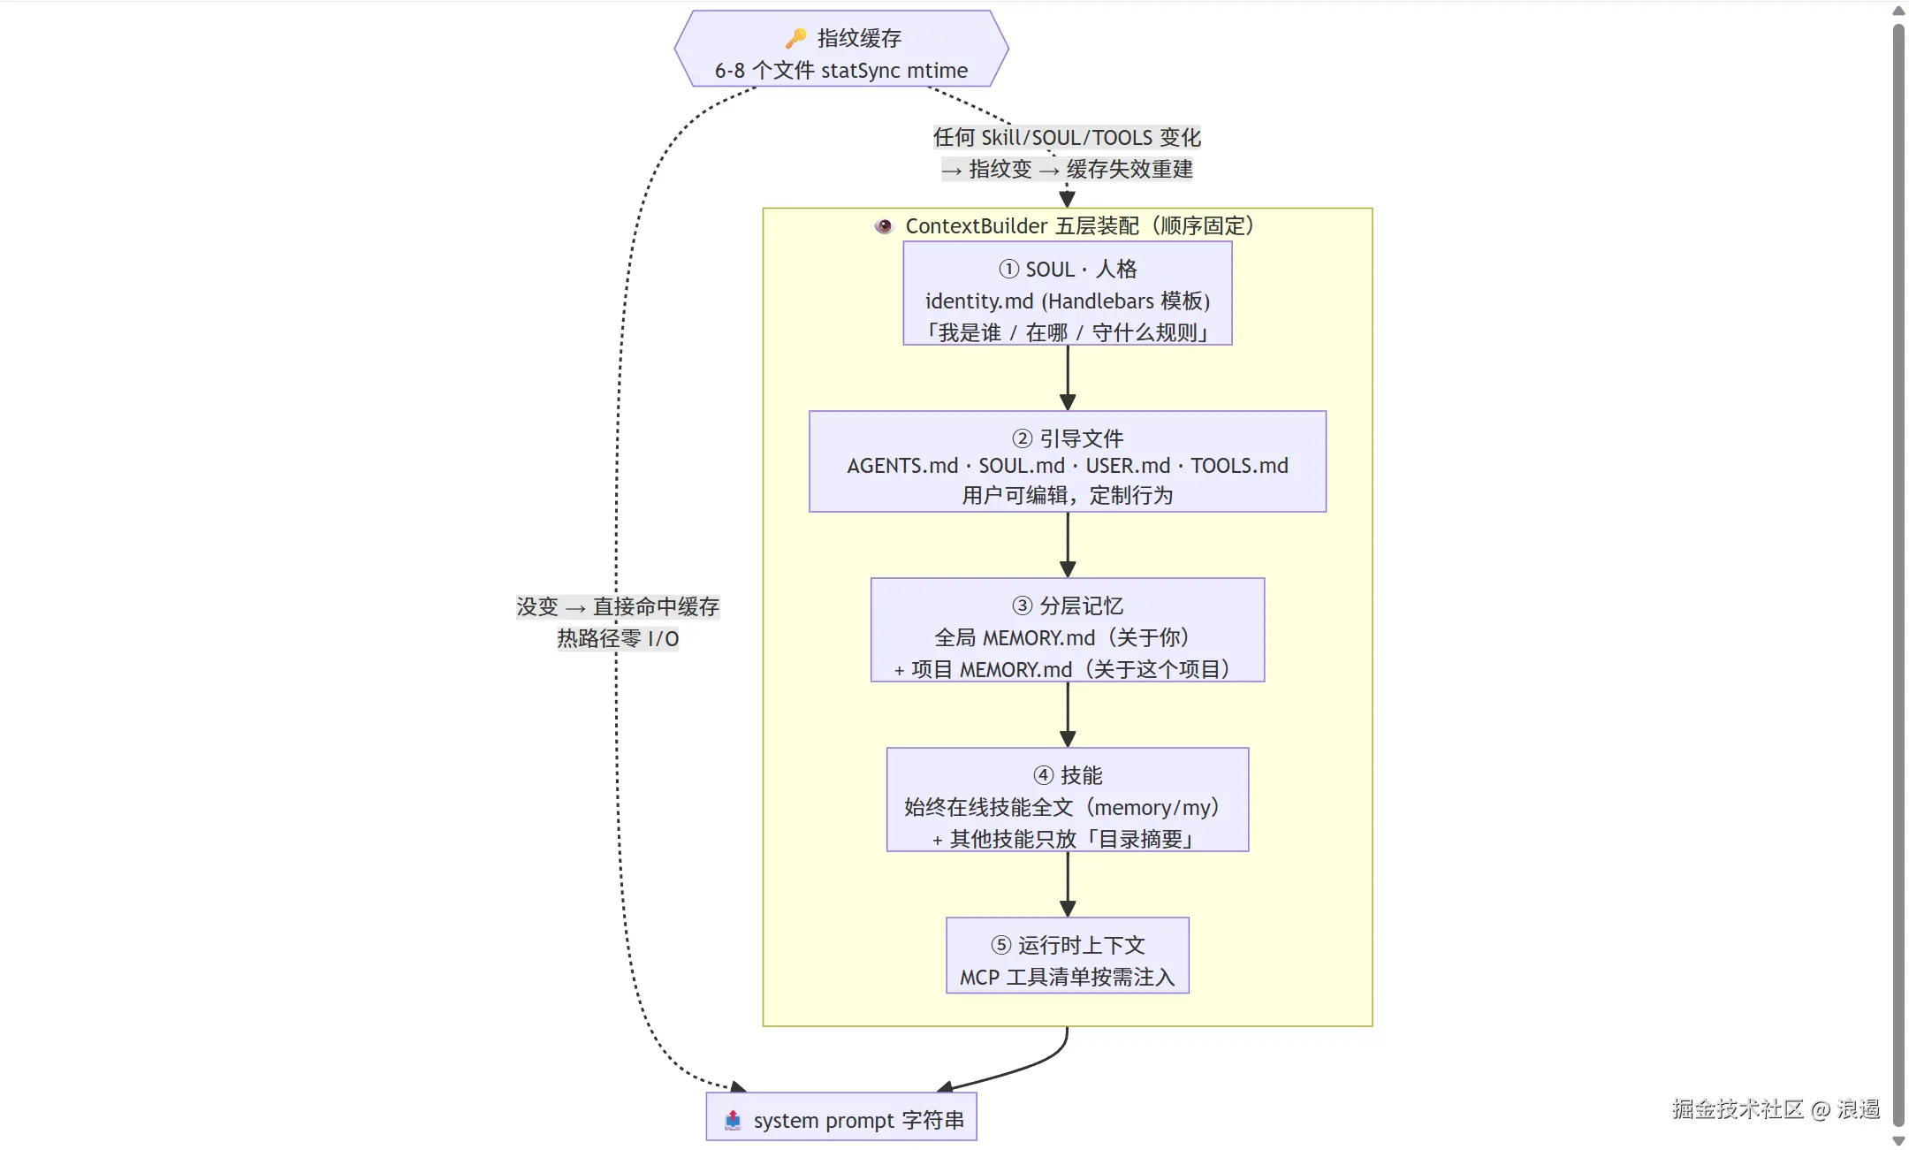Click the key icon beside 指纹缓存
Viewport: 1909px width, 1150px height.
(795, 38)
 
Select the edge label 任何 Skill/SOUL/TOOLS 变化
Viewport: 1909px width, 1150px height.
(1067, 137)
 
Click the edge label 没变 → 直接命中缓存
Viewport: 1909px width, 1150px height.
(618, 606)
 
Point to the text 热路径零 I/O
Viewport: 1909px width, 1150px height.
(618, 638)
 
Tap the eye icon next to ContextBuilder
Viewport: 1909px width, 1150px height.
(884, 225)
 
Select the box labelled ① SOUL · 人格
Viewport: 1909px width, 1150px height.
(1068, 293)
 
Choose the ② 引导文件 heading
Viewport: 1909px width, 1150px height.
(1068, 438)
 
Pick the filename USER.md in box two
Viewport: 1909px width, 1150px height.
(1128, 466)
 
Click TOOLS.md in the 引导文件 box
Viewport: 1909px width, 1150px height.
(1239, 466)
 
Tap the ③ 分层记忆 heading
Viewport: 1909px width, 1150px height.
(1068, 605)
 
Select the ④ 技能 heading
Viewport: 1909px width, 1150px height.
(1068, 775)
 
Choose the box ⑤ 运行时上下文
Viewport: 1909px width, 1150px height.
(1068, 956)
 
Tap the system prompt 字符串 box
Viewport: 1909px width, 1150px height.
(841, 1117)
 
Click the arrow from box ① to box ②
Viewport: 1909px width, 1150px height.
(1068, 377)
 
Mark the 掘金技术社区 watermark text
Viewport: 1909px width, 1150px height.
(1738, 1108)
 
